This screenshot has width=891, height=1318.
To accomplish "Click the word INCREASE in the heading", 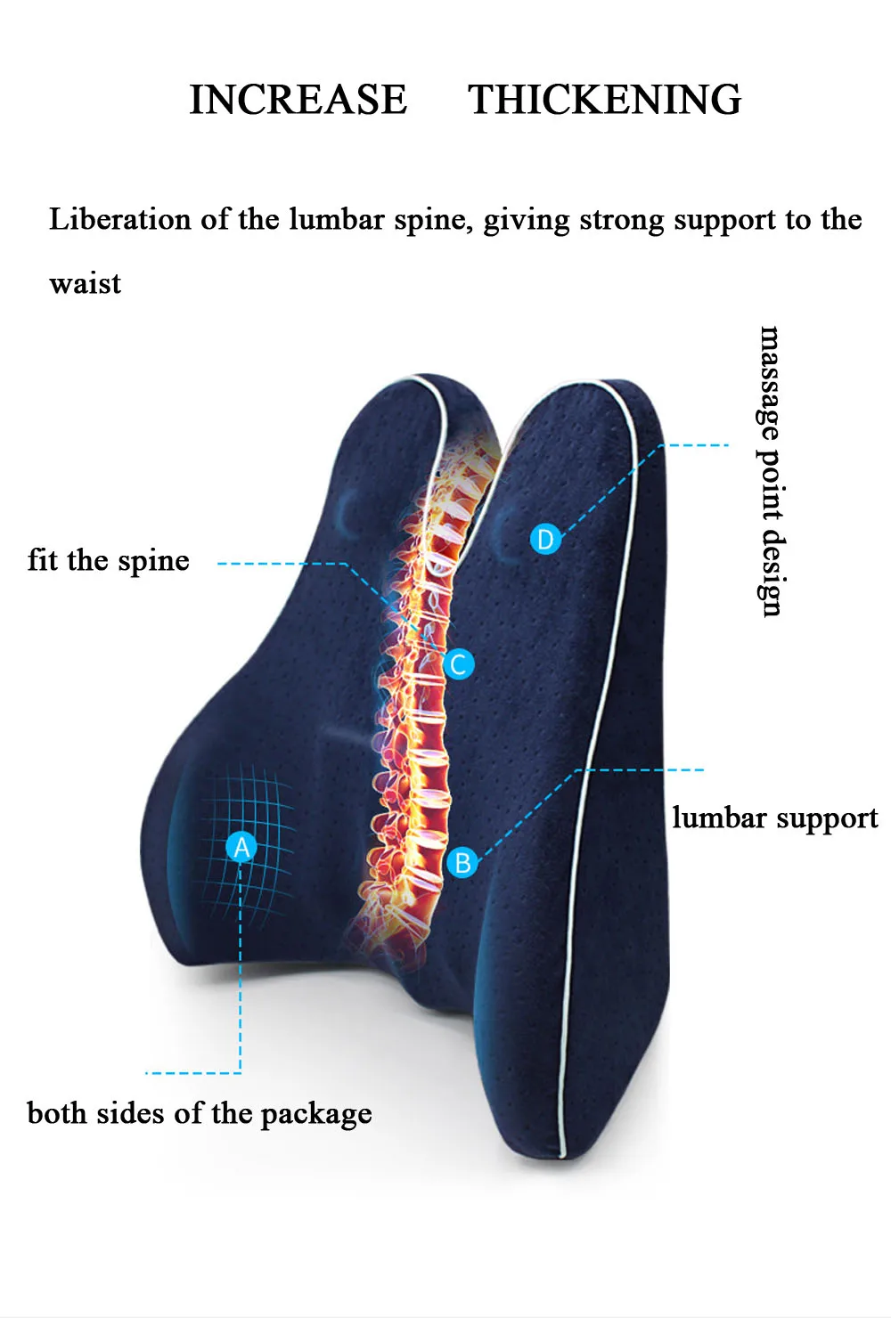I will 298,100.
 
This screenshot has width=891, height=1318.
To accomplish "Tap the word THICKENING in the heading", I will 604,100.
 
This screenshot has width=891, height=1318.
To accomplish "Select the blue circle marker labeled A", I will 241,847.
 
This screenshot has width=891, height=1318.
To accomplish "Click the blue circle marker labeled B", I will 462,862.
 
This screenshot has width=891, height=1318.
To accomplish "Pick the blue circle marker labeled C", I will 459,663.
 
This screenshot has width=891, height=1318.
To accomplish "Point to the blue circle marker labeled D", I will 545,539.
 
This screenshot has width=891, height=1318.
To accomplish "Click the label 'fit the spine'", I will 109,561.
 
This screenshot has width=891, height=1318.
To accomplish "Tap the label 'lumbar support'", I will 774,818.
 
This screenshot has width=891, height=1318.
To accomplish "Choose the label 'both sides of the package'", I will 200,1114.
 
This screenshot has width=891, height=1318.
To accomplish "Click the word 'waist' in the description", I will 85,284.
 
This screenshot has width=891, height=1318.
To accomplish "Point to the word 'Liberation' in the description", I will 119,219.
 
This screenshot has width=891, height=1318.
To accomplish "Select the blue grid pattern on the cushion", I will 245,846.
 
